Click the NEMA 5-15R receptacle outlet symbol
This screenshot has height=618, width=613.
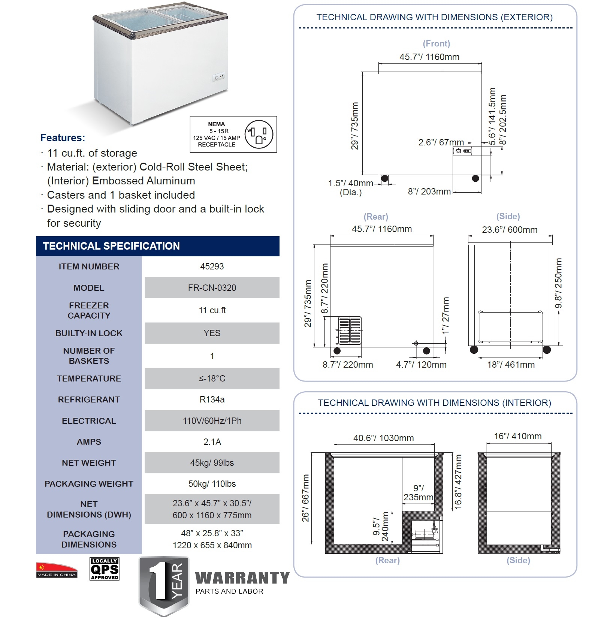259,135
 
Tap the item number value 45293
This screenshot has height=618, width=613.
212,266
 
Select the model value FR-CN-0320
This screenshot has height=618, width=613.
212,288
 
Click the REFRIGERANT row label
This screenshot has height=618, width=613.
89,400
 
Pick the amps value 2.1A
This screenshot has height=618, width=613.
212,442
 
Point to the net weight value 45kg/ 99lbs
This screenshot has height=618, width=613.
212,463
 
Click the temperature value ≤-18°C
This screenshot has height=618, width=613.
212,379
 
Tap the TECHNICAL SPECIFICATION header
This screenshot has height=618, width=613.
111,246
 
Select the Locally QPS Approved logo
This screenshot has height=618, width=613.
105,569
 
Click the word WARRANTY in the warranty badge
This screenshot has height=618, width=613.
242,578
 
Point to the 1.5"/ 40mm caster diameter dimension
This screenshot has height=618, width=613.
350,184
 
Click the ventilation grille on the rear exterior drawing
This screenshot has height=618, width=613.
350,330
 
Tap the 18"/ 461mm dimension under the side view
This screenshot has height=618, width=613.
510,365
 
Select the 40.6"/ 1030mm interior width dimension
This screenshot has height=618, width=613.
383,438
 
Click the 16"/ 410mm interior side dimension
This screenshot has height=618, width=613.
517,436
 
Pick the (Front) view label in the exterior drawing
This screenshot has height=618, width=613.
436,43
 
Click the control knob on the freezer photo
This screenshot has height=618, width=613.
217,78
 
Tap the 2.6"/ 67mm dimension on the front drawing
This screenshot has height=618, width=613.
441,143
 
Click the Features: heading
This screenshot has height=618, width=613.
63,138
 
